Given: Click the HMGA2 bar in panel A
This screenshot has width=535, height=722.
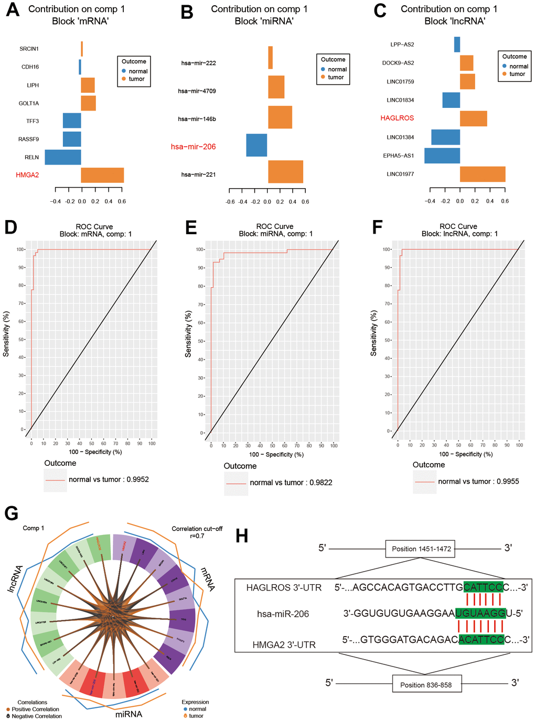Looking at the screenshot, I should point(102,175).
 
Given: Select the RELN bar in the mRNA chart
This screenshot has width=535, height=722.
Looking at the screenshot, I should point(63,157).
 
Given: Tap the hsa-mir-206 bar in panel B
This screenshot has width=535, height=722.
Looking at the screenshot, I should point(256,145).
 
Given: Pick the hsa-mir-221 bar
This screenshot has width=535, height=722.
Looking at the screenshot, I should point(285,172).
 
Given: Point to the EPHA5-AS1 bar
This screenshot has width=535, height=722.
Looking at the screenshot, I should point(442,156).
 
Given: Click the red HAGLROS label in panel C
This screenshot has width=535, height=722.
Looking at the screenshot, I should point(397,118).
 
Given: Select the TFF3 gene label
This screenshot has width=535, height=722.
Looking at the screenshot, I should point(33,121).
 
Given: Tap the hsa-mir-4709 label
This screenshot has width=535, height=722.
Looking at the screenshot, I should point(197,91).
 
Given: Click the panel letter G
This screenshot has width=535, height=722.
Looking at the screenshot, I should point(12,513).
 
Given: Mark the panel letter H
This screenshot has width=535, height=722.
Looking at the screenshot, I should point(242,535).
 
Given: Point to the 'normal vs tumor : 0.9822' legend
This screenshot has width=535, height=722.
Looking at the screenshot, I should point(291,483).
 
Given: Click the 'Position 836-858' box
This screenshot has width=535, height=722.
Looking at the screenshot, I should point(425,685).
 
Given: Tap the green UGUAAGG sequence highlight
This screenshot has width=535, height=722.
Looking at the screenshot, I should point(480,613).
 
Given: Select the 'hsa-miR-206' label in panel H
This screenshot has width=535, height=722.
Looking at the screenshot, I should point(283,614).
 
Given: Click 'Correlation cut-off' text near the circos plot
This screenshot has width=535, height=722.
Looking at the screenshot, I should point(197,529).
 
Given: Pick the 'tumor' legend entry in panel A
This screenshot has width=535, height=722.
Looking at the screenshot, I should point(136,79).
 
